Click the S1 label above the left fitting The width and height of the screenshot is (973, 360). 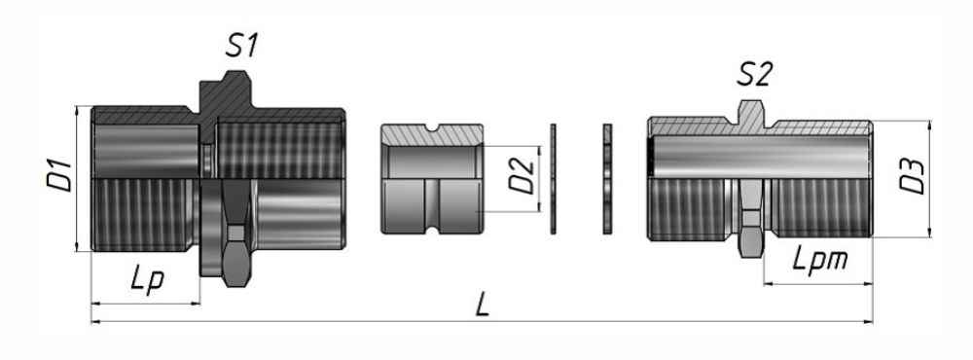241,46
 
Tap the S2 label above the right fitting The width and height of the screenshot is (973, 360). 754,75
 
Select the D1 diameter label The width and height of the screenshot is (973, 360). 59,176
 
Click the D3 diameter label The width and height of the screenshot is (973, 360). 913,177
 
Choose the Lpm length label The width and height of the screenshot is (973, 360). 820,260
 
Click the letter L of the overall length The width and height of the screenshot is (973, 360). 483,305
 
